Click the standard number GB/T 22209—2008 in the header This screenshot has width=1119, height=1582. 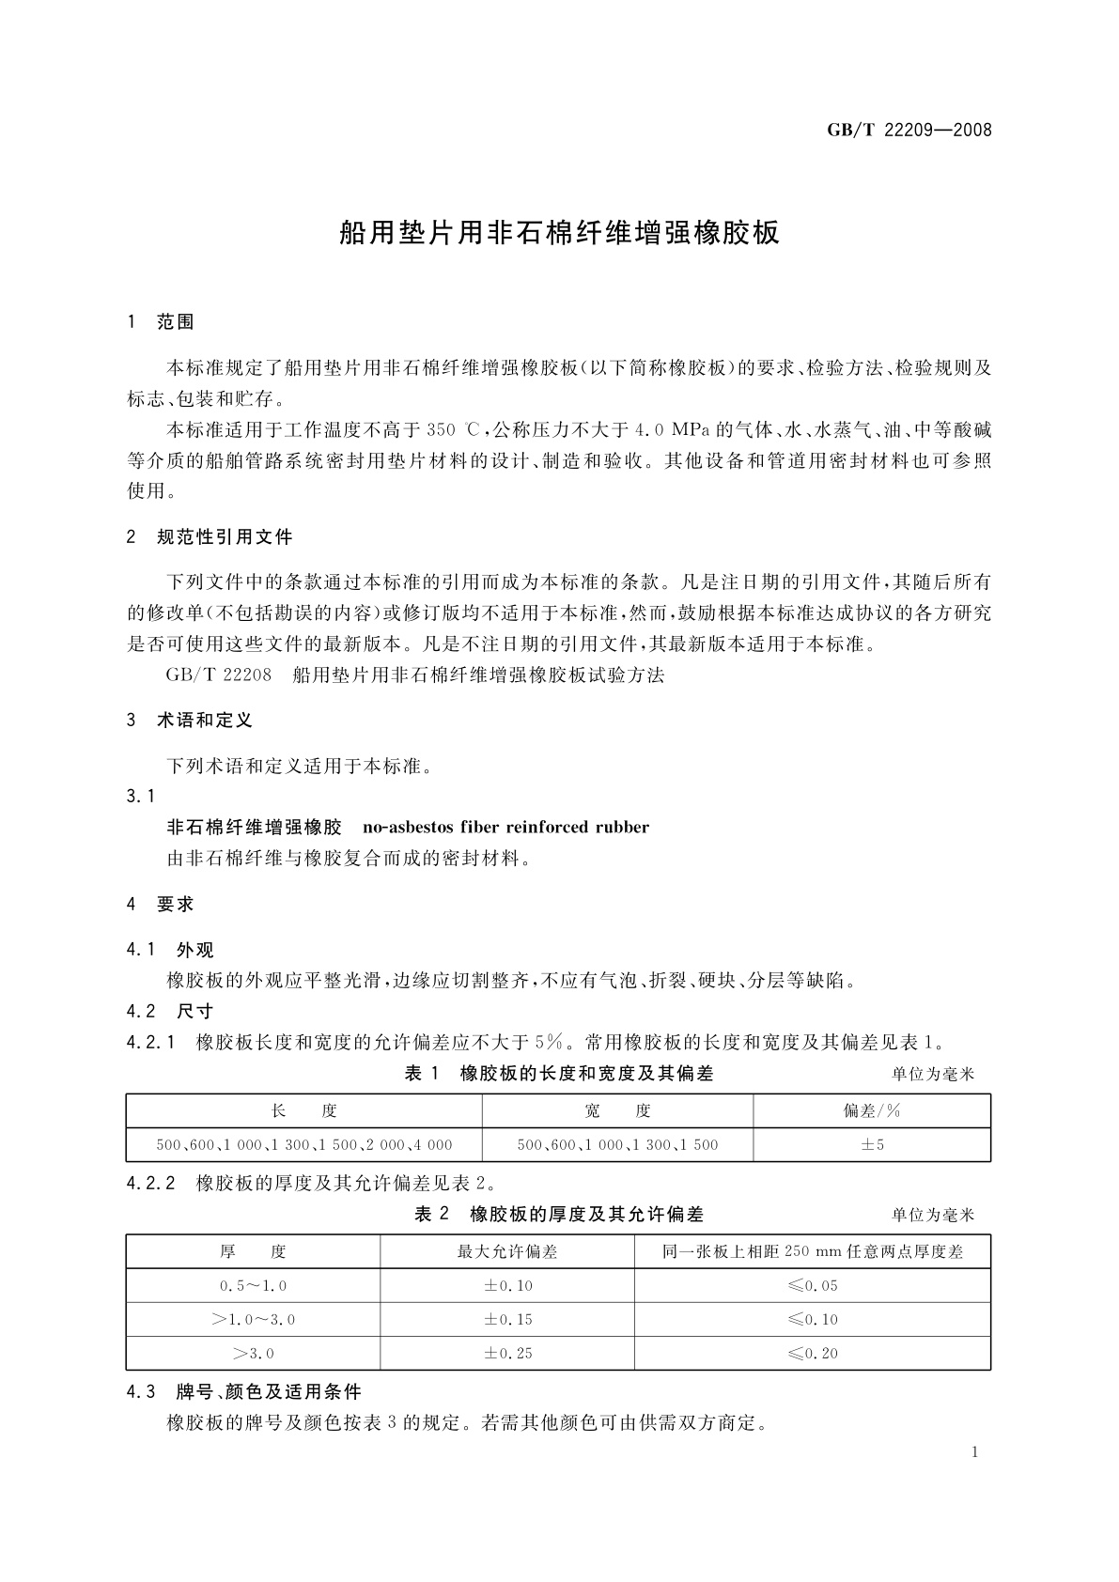[909, 130]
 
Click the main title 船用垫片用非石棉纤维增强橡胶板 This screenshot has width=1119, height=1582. [559, 233]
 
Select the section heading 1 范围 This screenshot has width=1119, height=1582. [161, 322]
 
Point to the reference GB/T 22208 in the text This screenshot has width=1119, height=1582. [218, 675]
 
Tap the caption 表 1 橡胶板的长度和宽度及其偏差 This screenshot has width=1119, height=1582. [558, 1074]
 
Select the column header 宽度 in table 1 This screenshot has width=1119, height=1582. [617, 1111]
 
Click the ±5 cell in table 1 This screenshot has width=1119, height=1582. [872, 1145]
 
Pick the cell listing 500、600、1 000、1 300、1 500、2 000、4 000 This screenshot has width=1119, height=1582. [303, 1145]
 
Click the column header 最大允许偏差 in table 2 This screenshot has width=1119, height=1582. [507, 1252]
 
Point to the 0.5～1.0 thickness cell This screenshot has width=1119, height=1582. [253, 1286]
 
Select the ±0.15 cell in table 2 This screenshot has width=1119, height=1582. [507, 1320]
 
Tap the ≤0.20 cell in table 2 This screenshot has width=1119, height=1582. [813, 1354]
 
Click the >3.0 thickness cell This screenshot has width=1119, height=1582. [253, 1354]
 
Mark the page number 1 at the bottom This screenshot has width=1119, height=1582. [975, 1452]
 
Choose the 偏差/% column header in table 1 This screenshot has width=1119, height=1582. [872, 1111]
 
